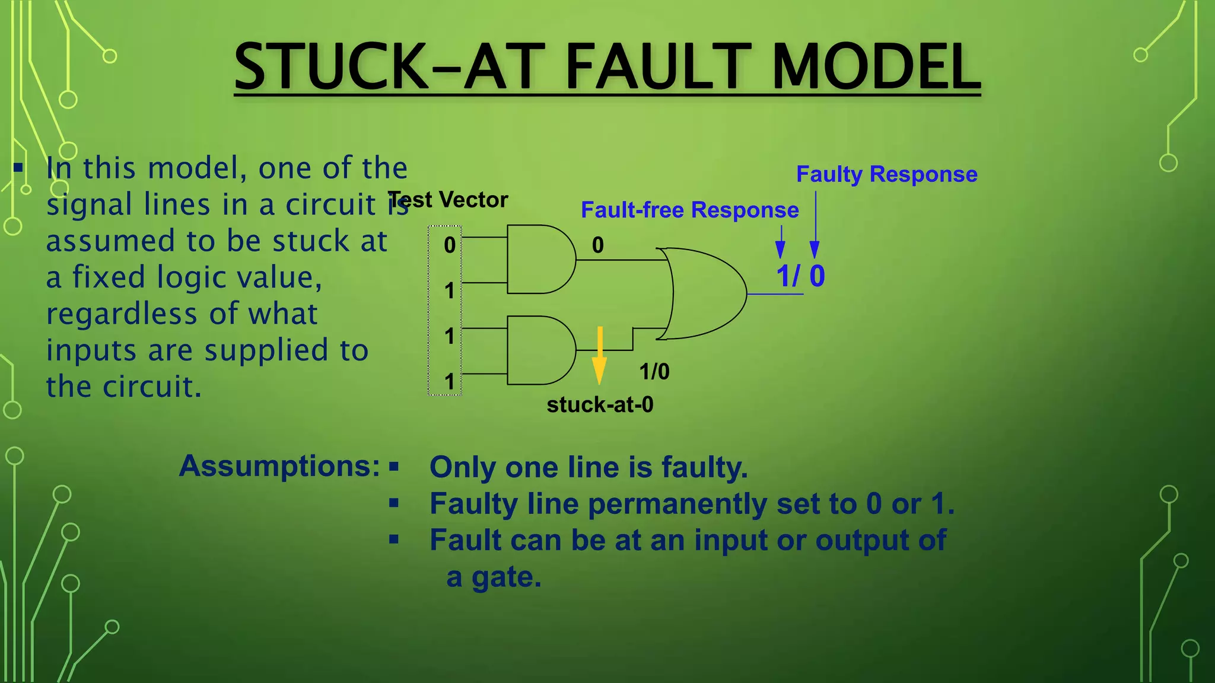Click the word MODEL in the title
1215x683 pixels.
(x=875, y=66)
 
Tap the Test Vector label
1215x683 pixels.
(x=448, y=200)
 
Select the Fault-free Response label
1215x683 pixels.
(x=689, y=210)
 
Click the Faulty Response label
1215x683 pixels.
(x=886, y=174)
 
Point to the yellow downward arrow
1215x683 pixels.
(x=600, y=356)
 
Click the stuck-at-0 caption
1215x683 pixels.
(x=600, y=405)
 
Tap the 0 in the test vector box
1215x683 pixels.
(x=450, y=245)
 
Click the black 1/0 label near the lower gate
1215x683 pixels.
(x=654, y=372)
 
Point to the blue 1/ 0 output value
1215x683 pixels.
(x=800, y=276)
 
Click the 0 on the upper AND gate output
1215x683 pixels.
(x=598, y=245)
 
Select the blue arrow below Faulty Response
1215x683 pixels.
(x=815, y=225)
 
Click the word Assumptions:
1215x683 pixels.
(x=279, y=467)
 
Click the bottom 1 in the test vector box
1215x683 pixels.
(x=450, y=382)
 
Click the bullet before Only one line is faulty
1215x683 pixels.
(x=394, y=467)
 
